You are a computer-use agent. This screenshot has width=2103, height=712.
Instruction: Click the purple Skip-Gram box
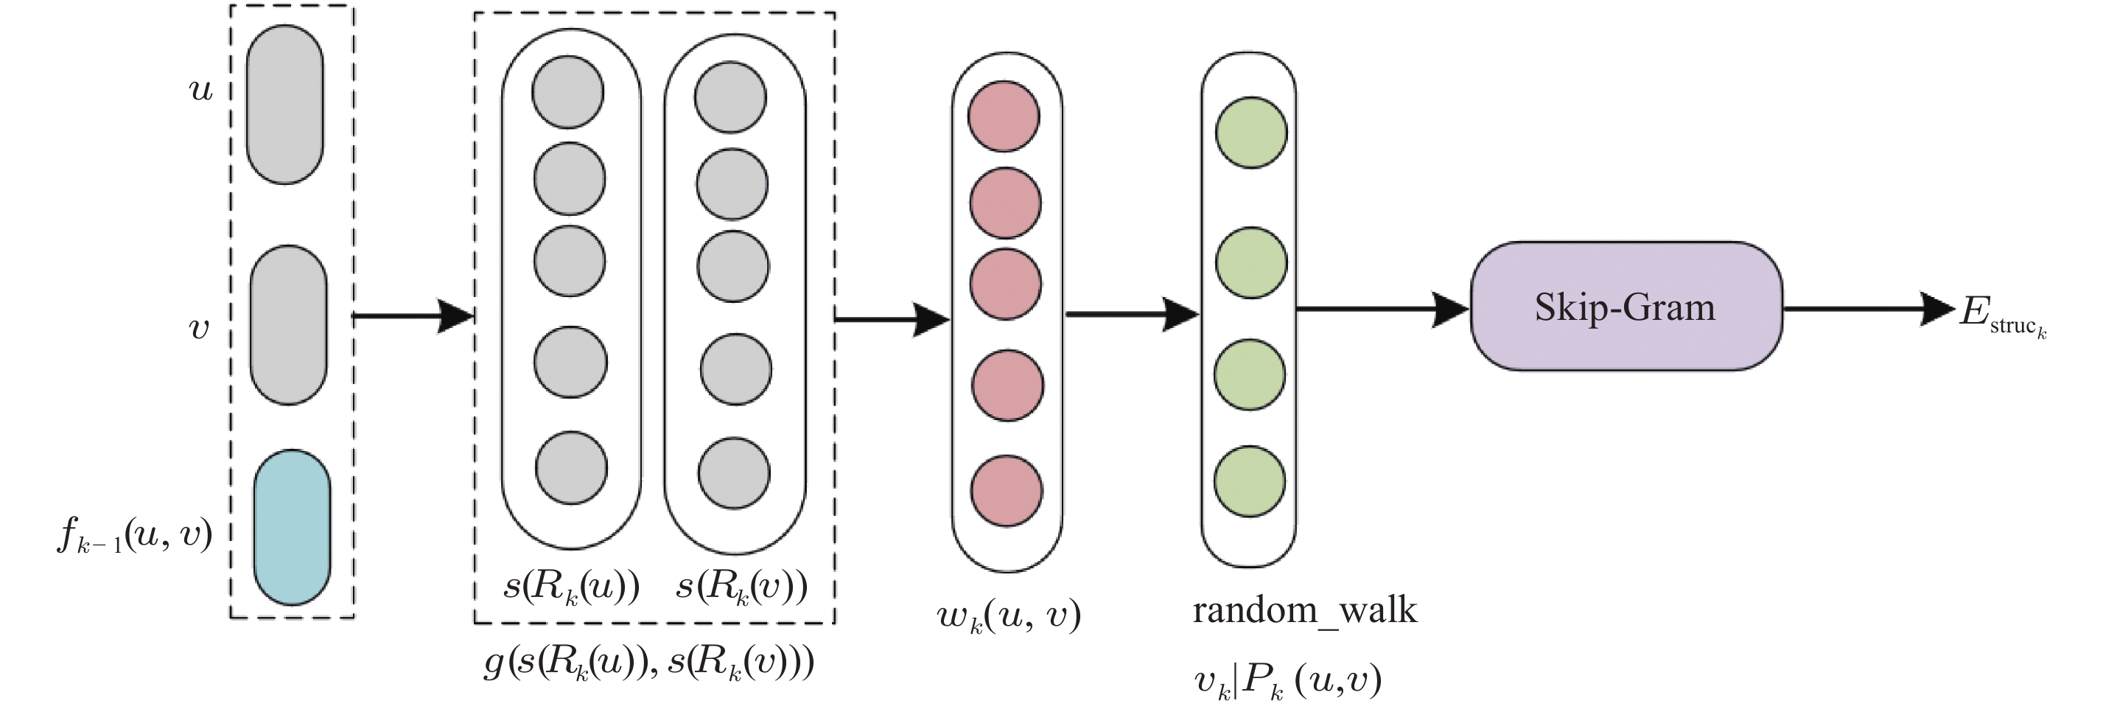(x=1626, y=306)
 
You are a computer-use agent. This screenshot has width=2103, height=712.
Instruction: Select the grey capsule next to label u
(x=284, y=105)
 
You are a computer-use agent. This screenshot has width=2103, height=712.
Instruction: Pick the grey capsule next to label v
(x=287, y=325)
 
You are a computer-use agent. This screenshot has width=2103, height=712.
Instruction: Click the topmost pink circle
(x=1004, y=115)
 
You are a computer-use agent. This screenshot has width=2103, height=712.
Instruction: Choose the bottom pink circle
(x=1007, y=491)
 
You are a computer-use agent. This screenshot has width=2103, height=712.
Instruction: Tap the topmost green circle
(x=1250, y=132)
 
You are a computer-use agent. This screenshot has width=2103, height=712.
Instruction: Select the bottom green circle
(x=1249, y=481)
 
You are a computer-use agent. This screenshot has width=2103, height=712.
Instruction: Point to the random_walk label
(x=1304, y=611)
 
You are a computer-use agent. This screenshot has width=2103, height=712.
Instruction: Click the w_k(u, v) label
(x=1009, y=616)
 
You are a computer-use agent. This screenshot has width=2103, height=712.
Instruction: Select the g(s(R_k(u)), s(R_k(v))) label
(x=648, y=664)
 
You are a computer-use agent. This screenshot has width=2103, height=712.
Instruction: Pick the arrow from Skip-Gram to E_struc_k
(x=1869, y=309)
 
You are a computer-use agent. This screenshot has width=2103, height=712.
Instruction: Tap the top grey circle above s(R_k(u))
(x=567, y=91)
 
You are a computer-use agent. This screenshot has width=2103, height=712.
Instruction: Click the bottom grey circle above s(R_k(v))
(x=734, y=474)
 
